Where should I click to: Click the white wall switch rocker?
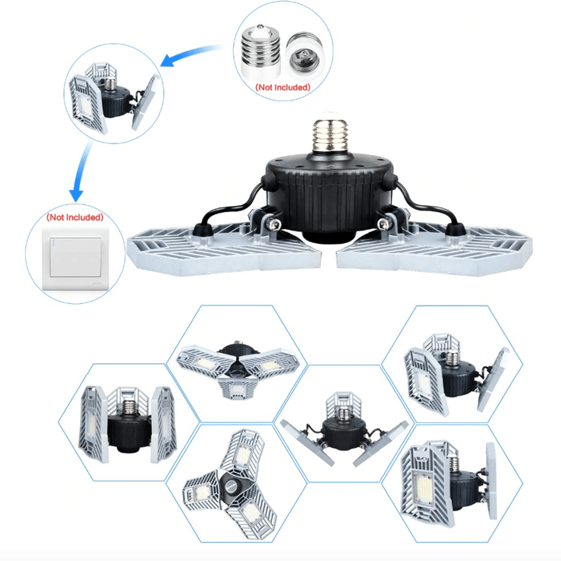75,258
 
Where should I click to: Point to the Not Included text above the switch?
75,217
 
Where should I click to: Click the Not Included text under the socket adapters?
283,87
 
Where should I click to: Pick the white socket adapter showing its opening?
305,55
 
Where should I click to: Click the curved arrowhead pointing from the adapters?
168,60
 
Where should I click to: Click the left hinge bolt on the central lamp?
276,224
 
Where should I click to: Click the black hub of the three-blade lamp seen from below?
235,487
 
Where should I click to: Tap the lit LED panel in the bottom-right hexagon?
425,487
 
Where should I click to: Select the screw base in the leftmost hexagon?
128,408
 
